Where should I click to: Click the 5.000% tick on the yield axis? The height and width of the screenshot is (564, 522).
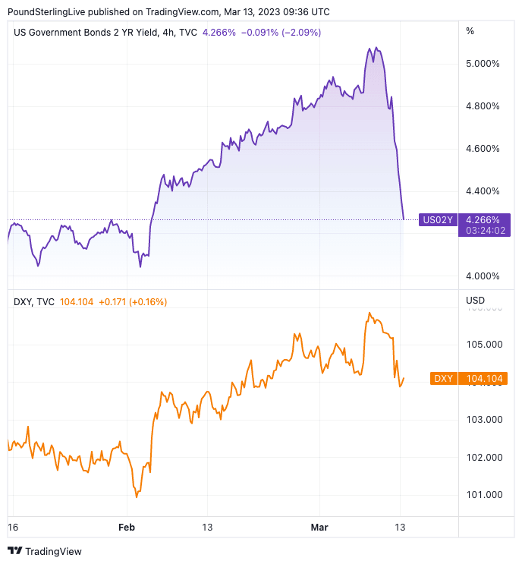483,64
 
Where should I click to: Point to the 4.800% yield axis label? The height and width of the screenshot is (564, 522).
483,106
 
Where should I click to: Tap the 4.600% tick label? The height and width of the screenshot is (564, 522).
483,149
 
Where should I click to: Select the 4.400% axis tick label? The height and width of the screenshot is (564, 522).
483,191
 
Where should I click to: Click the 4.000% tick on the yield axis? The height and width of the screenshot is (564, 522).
483,276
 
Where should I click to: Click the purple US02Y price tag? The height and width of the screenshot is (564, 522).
438,220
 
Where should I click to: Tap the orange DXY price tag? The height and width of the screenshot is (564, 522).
442,378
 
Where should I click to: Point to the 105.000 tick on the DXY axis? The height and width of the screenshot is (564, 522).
484,344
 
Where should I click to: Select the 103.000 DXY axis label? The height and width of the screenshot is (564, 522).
484,420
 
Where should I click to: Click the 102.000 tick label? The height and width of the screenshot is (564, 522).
484,458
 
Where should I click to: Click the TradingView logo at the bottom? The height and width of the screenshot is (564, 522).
45,551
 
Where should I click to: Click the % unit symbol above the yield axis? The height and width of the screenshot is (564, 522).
470,31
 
